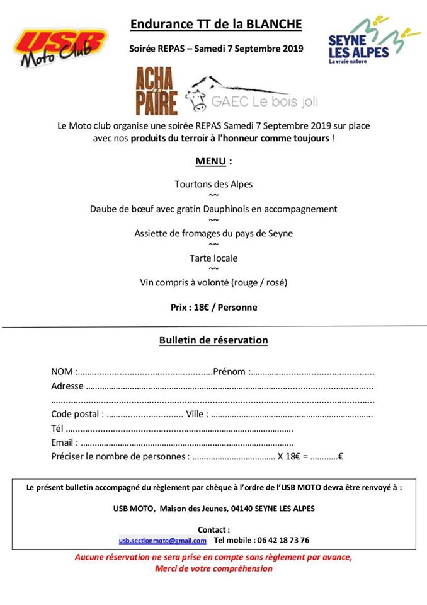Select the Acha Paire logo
[x=156, y=91]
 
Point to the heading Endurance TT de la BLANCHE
[x=216, y=25]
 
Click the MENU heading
[x=213, y=161]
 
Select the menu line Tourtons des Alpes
[x=214, y=184]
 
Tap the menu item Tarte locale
[x=214, y=258]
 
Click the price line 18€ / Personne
[x=214, y=308]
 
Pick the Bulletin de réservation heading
[x=214, y=340]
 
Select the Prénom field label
[x=230, y=371]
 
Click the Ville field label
[x=196, y=414]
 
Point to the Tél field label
[x=58, y=429]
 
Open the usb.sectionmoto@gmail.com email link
[x=162, y=541]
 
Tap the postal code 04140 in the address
[x=226, y=508]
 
